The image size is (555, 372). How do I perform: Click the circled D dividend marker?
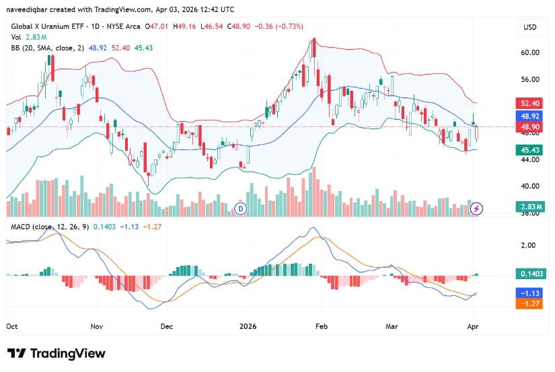point(241,209)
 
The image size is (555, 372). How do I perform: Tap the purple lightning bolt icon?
point(477,209)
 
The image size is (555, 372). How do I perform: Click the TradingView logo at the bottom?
point(57,354)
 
